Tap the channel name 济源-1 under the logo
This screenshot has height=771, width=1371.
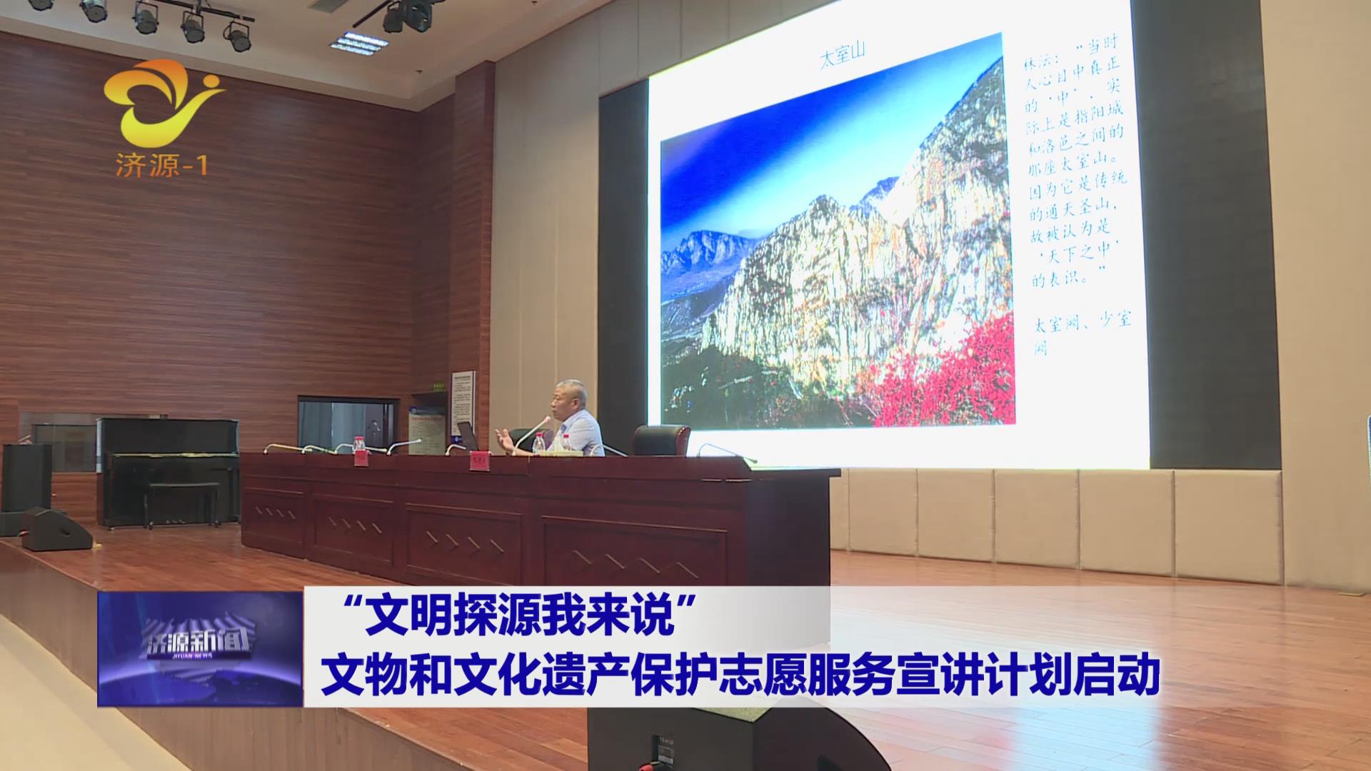[x=161, y=166]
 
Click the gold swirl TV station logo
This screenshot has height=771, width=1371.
[x=164, y=100]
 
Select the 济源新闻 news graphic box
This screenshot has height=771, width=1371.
[x=200, y=648]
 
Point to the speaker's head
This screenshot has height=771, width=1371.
[x=570, y=396]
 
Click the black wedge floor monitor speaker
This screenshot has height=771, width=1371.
[x=56, y=529]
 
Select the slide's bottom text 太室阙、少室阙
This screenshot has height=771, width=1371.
[x=1082, y=333]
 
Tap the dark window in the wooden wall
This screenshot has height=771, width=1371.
[x=347, y=425]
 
